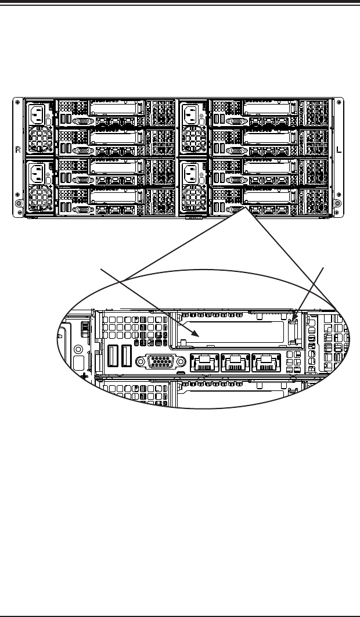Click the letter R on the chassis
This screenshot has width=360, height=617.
coord(17,149)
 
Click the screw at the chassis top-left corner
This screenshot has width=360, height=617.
coord(19,105)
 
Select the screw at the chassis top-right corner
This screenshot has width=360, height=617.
coord(339,105)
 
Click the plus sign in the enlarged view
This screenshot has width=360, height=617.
coord(87,375)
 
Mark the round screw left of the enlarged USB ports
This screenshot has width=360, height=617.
coord(77,350)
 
